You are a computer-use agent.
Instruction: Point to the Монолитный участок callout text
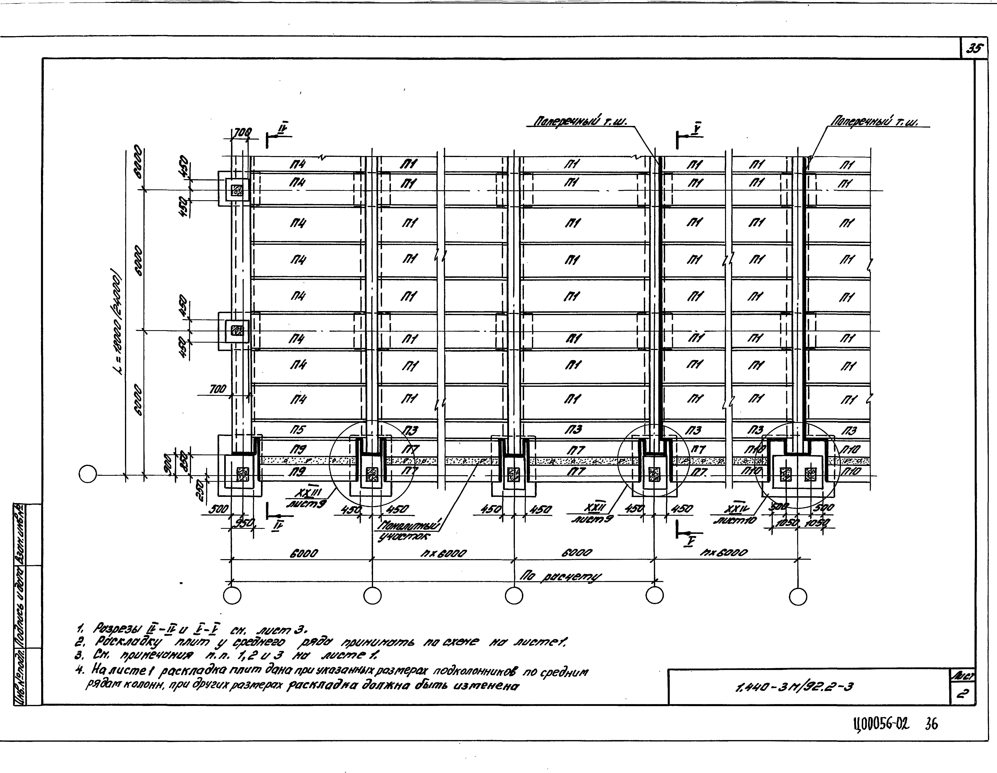408,532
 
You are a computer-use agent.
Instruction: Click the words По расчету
561,578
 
